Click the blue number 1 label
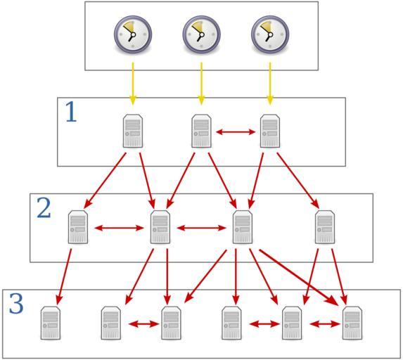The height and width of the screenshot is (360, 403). (71, 112)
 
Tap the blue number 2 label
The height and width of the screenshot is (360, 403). (44, 208)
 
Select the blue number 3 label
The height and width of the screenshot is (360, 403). (16, 304)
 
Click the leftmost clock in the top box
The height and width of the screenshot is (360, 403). (133, 34)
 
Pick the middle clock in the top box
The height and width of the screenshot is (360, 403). (201, 34)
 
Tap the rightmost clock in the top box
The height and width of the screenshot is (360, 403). (270, 34)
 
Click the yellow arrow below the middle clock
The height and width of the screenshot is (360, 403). (201, 84)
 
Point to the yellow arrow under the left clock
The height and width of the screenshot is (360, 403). (133, 84)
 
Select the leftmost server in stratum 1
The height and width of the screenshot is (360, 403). (133, 131)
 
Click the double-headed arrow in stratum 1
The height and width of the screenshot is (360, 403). (236, 132)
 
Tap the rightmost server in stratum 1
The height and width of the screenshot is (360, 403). (270, 131)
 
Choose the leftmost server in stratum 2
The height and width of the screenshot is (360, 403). (78, 227)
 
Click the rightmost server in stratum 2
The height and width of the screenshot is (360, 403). (325, 227)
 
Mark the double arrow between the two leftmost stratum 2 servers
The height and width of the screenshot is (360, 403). (119, 228)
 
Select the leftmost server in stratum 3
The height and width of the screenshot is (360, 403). (51, 323)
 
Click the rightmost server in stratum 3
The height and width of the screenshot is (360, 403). (352, 323)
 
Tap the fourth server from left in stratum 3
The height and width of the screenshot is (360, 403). (231, 323)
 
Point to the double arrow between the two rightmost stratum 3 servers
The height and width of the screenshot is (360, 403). (325, 324)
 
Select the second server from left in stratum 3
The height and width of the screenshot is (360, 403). (111, 323)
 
